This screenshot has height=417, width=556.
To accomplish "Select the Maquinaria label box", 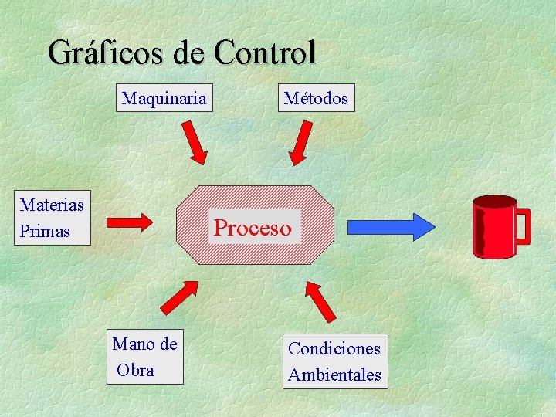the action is tap(164, 98).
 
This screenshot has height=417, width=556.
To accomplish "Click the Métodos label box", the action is tap(316, 98).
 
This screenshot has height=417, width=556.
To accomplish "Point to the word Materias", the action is tap(52, 205).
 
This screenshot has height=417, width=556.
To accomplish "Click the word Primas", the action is tap(45, 231).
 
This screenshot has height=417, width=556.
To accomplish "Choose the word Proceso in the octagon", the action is tap(253, 228).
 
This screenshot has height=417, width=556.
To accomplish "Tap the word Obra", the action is tap(136, 370).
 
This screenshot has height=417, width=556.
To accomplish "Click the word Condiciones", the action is tap(334, 348).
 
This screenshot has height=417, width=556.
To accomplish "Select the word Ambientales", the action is tap(334, 375).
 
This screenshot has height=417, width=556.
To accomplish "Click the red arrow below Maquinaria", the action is tap(198, 144).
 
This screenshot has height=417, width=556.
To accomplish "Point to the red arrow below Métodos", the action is tap(300, 144).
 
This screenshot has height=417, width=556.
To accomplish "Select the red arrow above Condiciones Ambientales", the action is tap(320, 300).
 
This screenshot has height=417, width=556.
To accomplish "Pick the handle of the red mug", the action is tap(524, 226).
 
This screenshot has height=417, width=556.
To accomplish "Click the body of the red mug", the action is tap(494, 228).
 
